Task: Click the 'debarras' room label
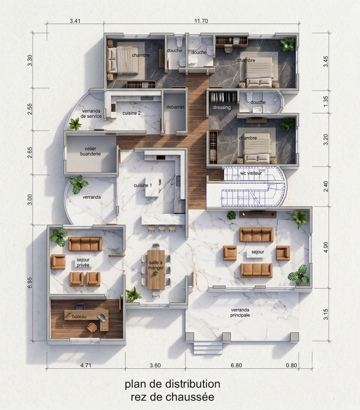pyautogui.click(x=175, y=107)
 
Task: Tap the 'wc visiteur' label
pyautogui.click(x=251, y=173)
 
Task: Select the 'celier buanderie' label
pyautogui.click(x=91, y=151)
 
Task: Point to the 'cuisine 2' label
pyautogui.click(x=131, y=113)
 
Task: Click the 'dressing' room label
pyautogui.click(x=222, y=107)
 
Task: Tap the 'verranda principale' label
pyautogui.click(x=240, y=312)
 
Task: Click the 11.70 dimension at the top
pyautogui.click(x=201, y=21)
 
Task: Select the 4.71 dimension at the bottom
pyautogui.click(x=86, y=365)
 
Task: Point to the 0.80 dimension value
pyautogui.click(x=292, y=365)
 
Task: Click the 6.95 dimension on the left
pyautogui.click(x=30, y=283)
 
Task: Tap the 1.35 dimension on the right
pyautogui.click(x=326, y=101)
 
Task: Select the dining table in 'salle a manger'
pyautogui.click(x=156, y=269)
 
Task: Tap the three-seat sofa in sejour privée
pyautogui.click(x=85, y=244)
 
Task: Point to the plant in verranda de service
pyautogui.click(x=75, y=124)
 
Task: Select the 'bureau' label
pyautogui.click(x=79, y=317)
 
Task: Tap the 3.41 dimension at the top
pyautogui.click(x=75, y=21)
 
